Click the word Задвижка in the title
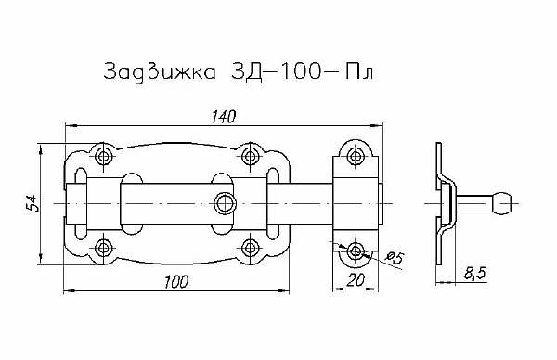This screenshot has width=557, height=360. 160,72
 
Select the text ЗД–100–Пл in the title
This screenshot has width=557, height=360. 302,72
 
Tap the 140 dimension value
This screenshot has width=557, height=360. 224,117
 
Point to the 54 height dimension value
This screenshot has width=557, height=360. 32,203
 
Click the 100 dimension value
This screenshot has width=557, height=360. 176,281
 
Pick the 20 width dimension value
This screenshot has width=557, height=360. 356,280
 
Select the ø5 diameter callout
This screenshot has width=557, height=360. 395,257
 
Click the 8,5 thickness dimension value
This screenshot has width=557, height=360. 474,274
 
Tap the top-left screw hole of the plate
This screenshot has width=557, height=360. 104,156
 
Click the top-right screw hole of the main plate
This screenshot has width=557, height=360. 251,156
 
